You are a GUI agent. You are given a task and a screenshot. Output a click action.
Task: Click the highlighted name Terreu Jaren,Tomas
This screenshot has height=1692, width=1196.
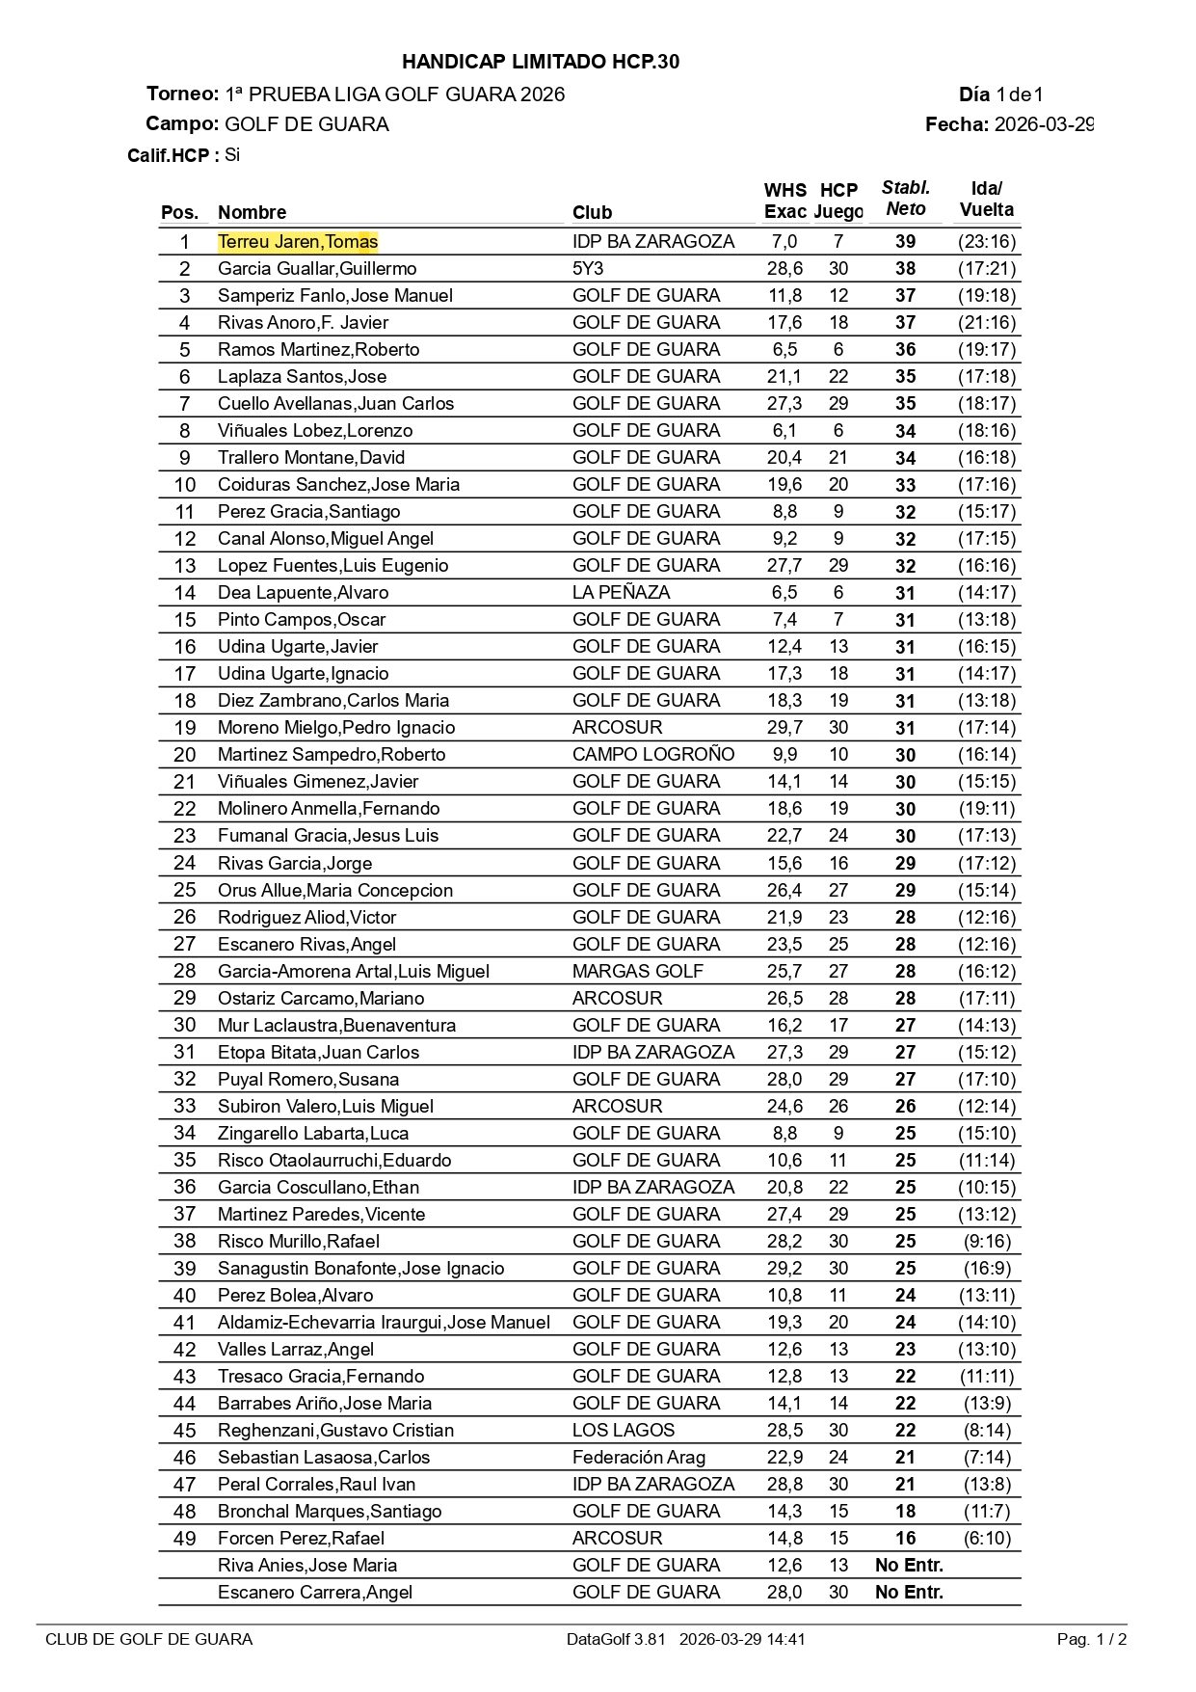(298, 242)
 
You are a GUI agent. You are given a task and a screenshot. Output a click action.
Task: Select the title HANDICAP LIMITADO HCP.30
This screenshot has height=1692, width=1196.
(541, 62)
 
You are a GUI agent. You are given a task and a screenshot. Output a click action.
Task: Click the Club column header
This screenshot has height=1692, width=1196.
(592, 213)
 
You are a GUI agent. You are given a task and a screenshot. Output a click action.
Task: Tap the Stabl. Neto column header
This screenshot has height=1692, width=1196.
(906, 199)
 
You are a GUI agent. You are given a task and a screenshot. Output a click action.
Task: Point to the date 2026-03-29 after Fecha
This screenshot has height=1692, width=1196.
(1044, 124)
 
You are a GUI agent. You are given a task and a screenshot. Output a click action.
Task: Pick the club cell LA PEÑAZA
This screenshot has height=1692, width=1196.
(621, 593)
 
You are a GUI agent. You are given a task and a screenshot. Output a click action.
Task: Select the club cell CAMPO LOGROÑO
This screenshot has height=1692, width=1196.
(653, 755)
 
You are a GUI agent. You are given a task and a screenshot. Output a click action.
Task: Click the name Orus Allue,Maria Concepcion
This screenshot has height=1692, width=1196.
(335, 890)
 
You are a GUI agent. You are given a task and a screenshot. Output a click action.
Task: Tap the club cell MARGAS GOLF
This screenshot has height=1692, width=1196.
(638, 971)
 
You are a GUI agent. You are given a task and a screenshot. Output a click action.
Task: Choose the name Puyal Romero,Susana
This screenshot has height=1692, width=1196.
(308, 1079)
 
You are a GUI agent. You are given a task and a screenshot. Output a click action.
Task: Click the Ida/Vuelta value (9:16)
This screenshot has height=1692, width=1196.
(987, 1241)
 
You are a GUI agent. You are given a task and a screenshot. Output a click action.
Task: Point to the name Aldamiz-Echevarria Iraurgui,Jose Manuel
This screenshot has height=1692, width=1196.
(384, 1322)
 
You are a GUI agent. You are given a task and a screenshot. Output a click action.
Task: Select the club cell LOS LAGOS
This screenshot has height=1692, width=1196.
(624, 1430)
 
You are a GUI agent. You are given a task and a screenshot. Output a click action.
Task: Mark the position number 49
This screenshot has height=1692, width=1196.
(184, 1538)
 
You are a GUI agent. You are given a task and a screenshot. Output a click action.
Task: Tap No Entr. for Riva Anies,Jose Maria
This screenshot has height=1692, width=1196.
(909, 1565)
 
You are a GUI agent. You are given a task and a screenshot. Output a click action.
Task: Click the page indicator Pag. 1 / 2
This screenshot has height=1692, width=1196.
(1092, 1639)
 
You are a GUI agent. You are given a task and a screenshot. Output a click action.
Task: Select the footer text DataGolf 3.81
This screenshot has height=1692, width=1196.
(616, 1639)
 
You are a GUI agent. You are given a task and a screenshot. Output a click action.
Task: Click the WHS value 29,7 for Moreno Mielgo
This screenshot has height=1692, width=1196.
(784, 728)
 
